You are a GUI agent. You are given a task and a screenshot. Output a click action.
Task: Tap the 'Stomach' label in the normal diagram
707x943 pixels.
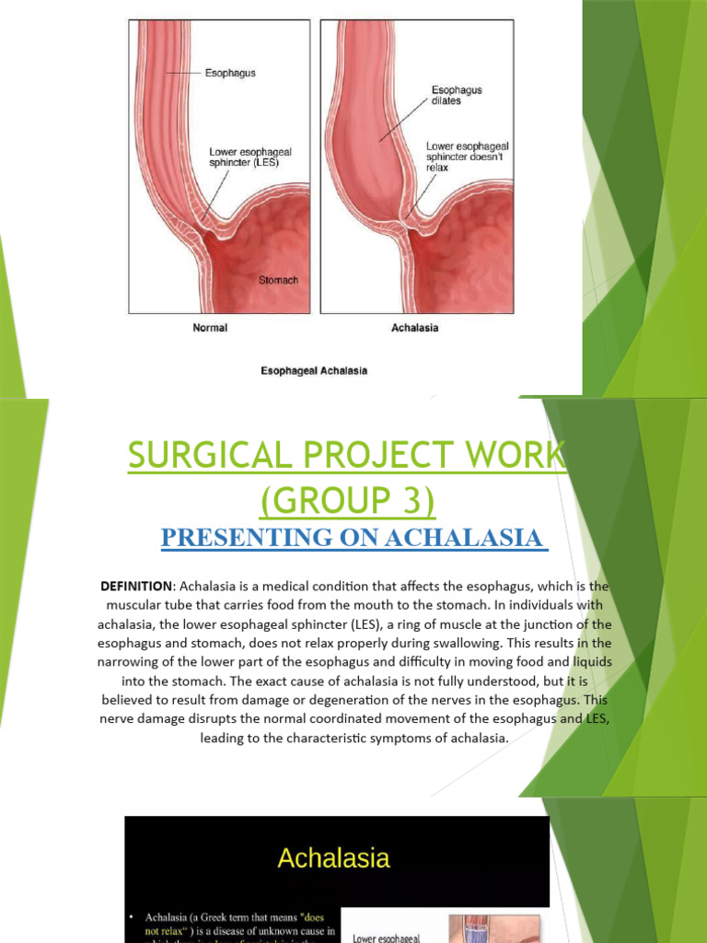[277, 279]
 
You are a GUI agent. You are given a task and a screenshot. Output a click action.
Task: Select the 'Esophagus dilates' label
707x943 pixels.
[457, 96]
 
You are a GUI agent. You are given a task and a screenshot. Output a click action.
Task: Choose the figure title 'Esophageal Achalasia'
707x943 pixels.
[313, 371]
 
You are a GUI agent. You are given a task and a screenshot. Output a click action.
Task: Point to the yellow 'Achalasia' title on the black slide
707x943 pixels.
[333, 859]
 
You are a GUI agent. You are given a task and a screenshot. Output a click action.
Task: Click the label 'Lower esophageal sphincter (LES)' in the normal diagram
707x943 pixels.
[244, 157]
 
